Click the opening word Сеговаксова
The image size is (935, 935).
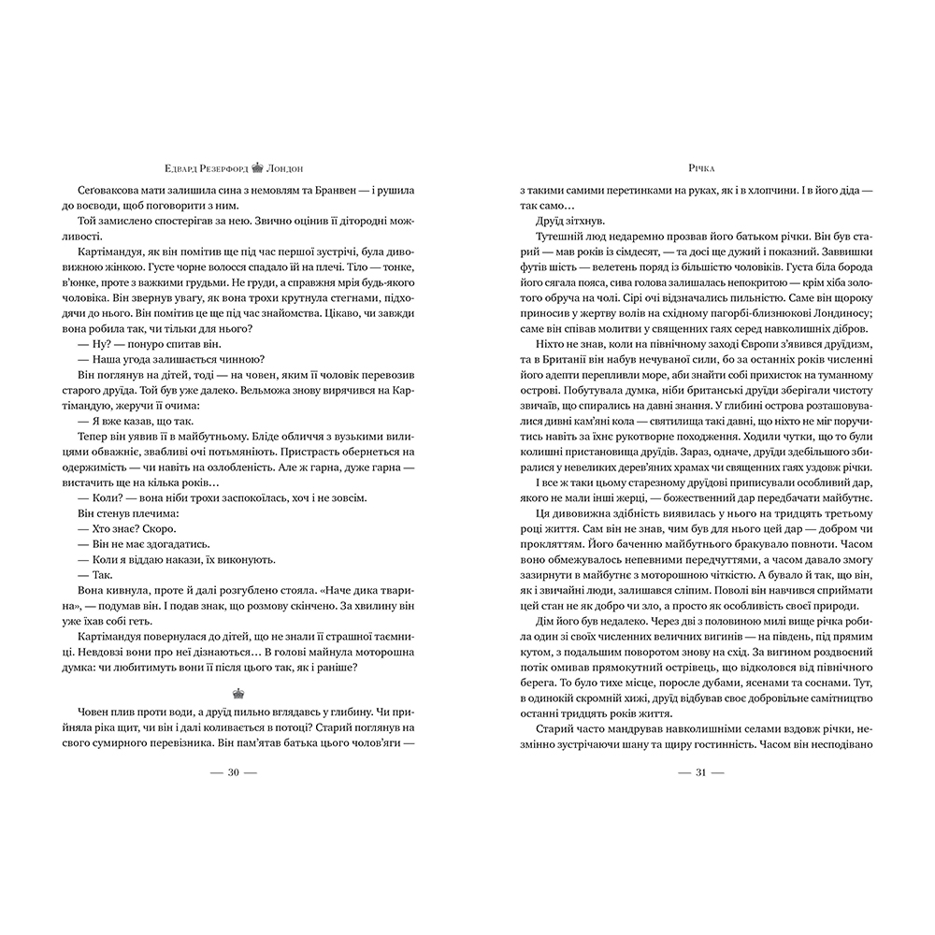[96, 191]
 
